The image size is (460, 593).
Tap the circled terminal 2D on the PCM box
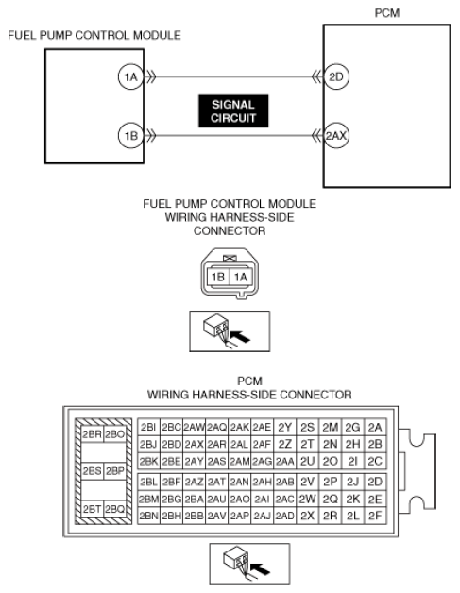(335, 78)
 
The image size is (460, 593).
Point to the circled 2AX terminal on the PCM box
(337, 135)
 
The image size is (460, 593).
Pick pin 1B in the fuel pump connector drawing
(217, 277)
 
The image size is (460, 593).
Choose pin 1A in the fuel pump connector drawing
(240, 277)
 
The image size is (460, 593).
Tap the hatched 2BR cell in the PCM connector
(93, 433)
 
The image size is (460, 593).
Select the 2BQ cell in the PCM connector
(115, 509)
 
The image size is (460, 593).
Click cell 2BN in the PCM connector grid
(148, 516)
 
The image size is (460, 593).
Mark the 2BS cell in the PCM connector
(93, 470)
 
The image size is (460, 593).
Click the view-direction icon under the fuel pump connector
(229, 326)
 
